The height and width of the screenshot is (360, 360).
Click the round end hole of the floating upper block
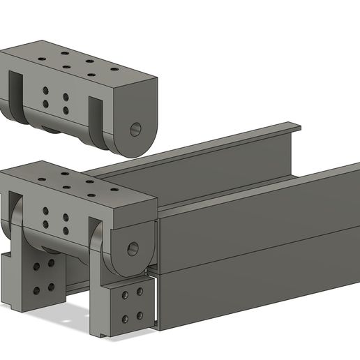135,129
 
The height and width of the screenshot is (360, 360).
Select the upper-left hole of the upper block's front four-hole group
46,90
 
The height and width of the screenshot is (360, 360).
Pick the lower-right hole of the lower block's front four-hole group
66,230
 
